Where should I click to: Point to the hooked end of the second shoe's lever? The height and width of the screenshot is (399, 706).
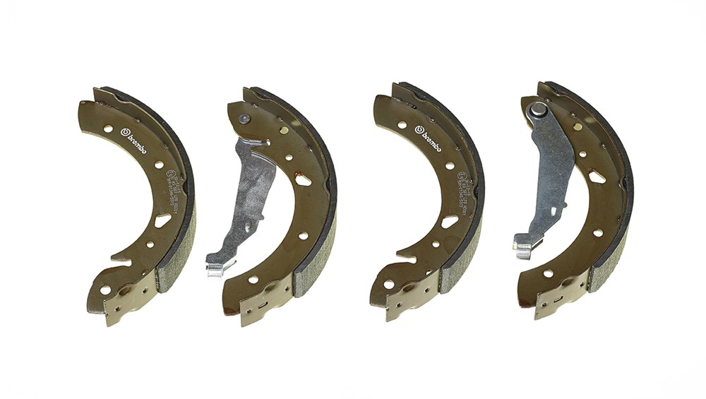[x=220, y=266]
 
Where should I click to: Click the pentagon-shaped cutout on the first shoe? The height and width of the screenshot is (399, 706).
[x=162, y=220]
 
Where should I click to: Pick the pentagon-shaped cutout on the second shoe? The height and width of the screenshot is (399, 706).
[x=304, y=179]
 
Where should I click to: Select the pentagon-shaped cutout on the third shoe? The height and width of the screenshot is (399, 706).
[x=450, y=221]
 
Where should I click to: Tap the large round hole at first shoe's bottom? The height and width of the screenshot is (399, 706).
[x=105, y=290]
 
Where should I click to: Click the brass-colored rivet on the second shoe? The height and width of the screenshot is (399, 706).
[x=283, y=130]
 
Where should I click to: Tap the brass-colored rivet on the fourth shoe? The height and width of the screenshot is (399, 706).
[x=578, y=127]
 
